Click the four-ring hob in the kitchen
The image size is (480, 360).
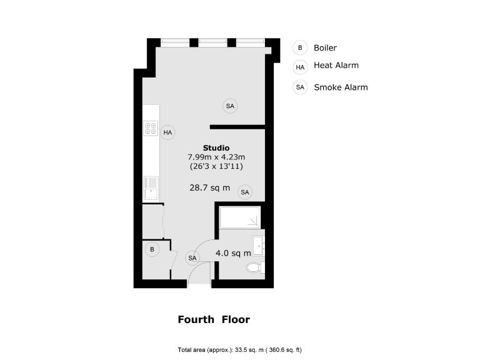coord(151,129)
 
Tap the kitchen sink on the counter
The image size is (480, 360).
coord(151,187)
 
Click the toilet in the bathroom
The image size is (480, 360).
coord(255,268)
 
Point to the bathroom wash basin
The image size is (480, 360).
coord(259,243)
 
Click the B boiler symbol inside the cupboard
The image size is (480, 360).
coord(151,250)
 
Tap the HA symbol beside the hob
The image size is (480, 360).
coord(167,132)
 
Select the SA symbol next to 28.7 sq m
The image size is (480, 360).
coord(244,192)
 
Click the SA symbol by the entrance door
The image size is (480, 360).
coord(192,257)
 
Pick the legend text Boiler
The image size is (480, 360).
coord(325,47)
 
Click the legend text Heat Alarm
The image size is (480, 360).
coord(336,65)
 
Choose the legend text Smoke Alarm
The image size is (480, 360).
coord(341,87)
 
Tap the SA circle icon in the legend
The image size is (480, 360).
coord(300,87)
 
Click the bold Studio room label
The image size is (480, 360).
coord(216,147)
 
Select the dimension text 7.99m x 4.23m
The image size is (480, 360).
coord(216,157)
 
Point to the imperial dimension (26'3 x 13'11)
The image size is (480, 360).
coord(216,167)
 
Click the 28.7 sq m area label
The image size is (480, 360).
coord(209,187)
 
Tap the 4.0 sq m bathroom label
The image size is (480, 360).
coord(233,253)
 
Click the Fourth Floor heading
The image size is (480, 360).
coord(214,319)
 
